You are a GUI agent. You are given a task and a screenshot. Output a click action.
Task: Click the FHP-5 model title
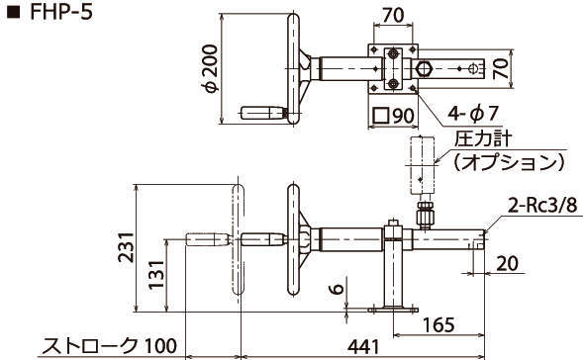point(60,12)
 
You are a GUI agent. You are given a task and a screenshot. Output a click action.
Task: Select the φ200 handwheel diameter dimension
point(209,68)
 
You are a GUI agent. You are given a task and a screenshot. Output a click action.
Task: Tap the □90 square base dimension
point(393,116)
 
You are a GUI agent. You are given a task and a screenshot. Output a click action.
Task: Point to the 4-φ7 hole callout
point(472,114)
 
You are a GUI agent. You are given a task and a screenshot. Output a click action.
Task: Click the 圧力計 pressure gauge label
point(483,139)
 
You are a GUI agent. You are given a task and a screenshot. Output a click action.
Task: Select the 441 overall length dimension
point(363,347)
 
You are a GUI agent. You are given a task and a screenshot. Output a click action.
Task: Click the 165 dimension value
point(438,324)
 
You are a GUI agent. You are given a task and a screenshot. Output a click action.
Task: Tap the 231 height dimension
point(126,247)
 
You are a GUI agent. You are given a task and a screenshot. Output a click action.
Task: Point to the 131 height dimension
point(156,275)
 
